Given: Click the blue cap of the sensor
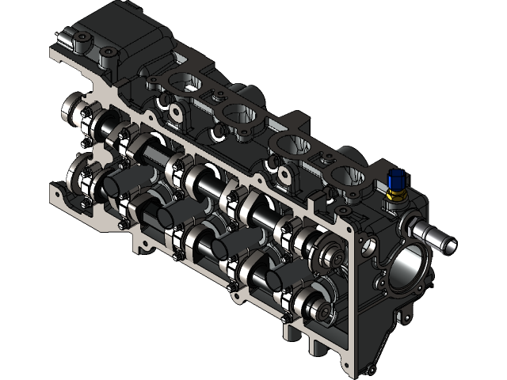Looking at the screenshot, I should tap(396, 177).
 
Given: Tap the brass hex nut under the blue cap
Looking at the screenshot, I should tap(395, 192).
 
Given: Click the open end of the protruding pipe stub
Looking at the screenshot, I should tap(449, 240).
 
